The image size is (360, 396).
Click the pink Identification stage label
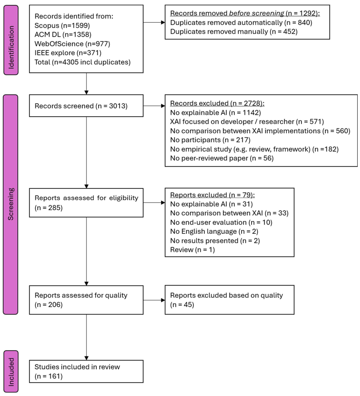[11, 40]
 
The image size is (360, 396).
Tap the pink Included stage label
[11, 371]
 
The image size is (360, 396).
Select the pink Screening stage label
[11, 204]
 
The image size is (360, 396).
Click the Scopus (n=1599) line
[62, 26]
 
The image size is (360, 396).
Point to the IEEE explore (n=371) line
[68, 53]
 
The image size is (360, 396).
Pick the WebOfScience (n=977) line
[72, 44]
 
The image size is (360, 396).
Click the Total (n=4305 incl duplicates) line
[82, 62]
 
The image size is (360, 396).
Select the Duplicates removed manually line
[234, 32]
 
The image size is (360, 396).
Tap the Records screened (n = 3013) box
[86, 106]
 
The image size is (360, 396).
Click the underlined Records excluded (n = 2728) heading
[217, 103]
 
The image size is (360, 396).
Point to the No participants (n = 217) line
[210, 140]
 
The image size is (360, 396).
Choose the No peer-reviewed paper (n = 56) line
[222, 158]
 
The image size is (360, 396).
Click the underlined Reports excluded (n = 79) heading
[212, 195]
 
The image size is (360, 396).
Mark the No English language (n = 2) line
[214, 231]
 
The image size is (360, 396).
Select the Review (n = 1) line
[192, 250]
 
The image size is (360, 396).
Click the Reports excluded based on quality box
[230, 300]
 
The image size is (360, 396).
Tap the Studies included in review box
[86, 371]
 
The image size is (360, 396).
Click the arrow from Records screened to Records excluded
[154, 106]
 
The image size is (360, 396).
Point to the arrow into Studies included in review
[86, 337]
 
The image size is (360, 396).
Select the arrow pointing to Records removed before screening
[154, 22]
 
